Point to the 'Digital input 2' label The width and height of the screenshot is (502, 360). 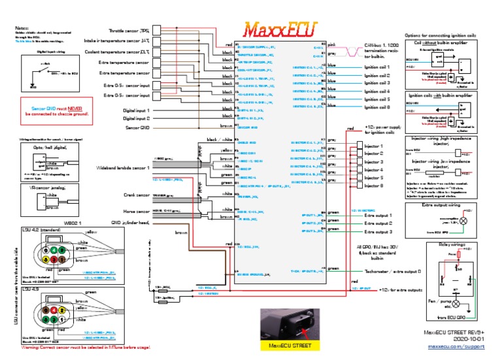pyautogui.click(x=137, y=119)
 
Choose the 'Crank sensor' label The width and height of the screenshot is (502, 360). pyautogui.click(x=137, y=195)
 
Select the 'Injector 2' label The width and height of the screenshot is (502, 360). pyautogui.click(x=373, y=154)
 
